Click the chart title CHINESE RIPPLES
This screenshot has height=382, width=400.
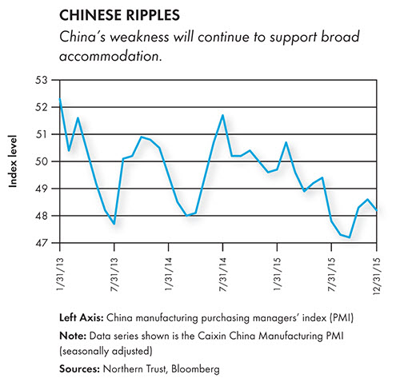[x=119, y=15]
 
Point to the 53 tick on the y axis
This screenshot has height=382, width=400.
[x=41, y=80]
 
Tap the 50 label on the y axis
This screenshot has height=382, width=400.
[x=41, y=161]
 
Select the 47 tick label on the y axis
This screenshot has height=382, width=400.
[x=41, y=243]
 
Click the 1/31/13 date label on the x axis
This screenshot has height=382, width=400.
[x=60, y=274]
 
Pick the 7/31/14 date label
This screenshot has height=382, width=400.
[x=223, y=274]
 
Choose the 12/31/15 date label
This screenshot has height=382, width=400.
[x=377, y=276]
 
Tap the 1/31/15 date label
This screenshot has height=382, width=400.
[x=278, y=274]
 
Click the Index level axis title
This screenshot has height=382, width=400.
[x=13, y=161]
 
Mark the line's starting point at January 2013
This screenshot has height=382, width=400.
[x=60, y=99]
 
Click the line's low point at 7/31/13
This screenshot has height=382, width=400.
[x=114, y=224]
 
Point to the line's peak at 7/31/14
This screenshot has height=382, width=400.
[x=222, y=115]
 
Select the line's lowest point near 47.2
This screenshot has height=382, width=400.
[x=350, y=237]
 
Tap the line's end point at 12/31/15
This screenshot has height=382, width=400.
[x=377, y=210]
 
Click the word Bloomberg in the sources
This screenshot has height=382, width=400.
[x=195, y=369]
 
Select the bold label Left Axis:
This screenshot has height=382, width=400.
[x=82, y=318]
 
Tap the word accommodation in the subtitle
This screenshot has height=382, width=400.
[x=110, y=56]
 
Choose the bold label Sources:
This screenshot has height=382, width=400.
[x=79, y=369]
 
